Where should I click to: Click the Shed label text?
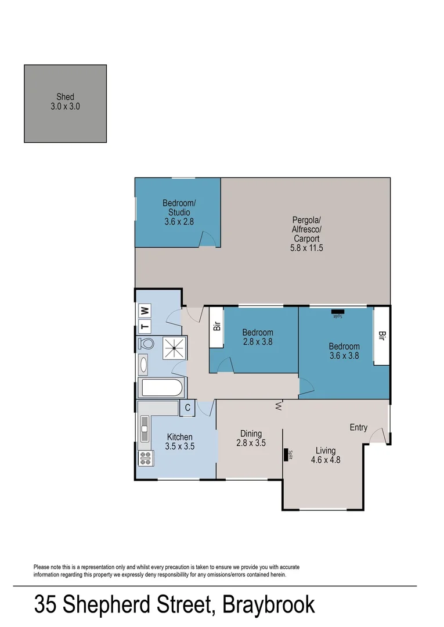point(65,97)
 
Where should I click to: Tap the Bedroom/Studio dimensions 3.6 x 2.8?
point(179,222)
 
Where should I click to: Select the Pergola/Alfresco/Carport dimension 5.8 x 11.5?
point(306,248)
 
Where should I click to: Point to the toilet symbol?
point(146,344)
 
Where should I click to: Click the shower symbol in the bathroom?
point(173,348)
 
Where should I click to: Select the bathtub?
point(162,387)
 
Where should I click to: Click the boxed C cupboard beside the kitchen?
point(187,408)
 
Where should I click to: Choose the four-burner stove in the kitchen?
point(145,459)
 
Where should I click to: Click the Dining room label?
point(251,434)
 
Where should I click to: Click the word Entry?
point(358,428)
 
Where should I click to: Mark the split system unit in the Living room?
point(286,454)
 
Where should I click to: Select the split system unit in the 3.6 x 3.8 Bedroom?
point(337,314)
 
